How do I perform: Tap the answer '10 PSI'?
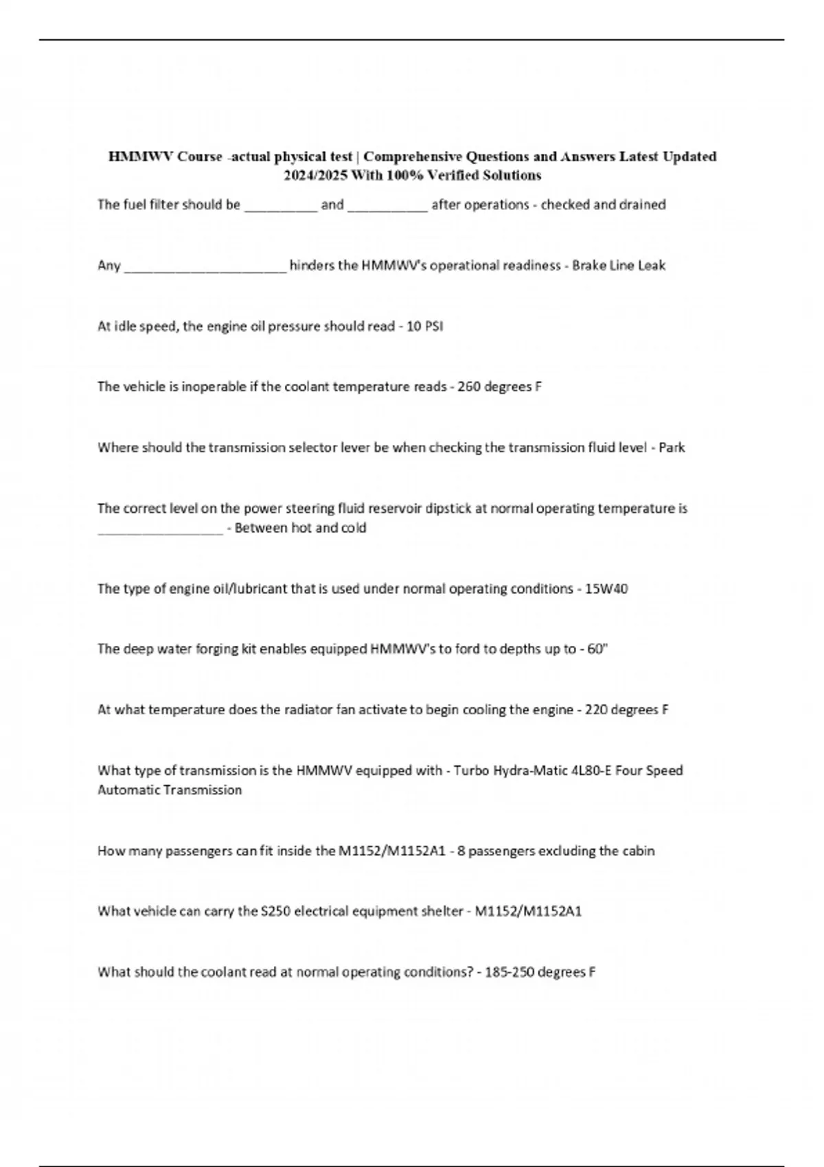[424, 326]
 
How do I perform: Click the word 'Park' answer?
[672, 448]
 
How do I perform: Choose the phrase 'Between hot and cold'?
[300, 528]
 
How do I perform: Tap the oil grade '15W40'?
[606, 589]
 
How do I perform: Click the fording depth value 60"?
[597, 649]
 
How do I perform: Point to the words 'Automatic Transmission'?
[170, 790]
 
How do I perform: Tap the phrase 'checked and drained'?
[603, 205]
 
